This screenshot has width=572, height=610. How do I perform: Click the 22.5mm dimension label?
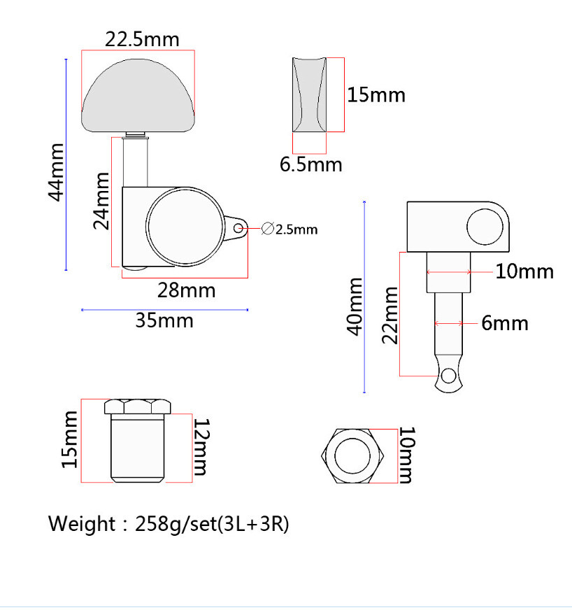pyautogui.click(x=143, y=40)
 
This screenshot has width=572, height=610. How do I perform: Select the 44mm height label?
pyautogui.click(x=57, y=172)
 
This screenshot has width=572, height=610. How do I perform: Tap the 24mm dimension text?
pyautogui.click(x=101, y=201)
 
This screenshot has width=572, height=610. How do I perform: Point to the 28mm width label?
pyautogui.click(x=186, y=290)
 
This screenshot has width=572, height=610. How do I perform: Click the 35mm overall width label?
pyautogui.click(x=164, y=321)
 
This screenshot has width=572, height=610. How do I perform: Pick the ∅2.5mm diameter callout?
pyautogui.click(x=289, y=229)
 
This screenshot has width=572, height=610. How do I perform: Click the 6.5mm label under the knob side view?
pyautogui.click(x=311, y=164)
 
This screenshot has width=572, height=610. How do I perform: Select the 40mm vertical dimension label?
pyautogui.click(x=355, y=307)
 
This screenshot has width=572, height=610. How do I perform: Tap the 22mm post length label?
pyautogui.click(x=390, y=315)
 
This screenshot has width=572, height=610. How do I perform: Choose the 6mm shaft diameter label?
pyautogui.click(x=505, y=323)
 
